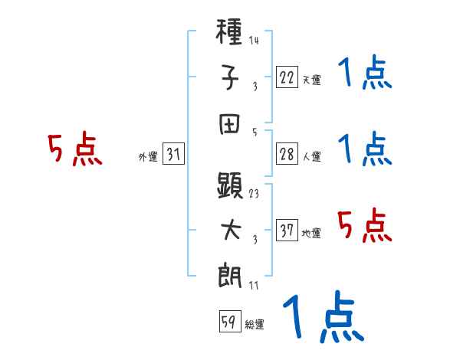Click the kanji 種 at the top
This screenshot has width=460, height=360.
tap(231, 35)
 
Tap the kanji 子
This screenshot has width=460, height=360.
tap(231, 78)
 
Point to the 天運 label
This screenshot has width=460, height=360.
tap(311, 80)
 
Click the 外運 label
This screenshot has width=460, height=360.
tap(147, 157)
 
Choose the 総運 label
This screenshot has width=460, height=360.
tap(255, 324)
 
